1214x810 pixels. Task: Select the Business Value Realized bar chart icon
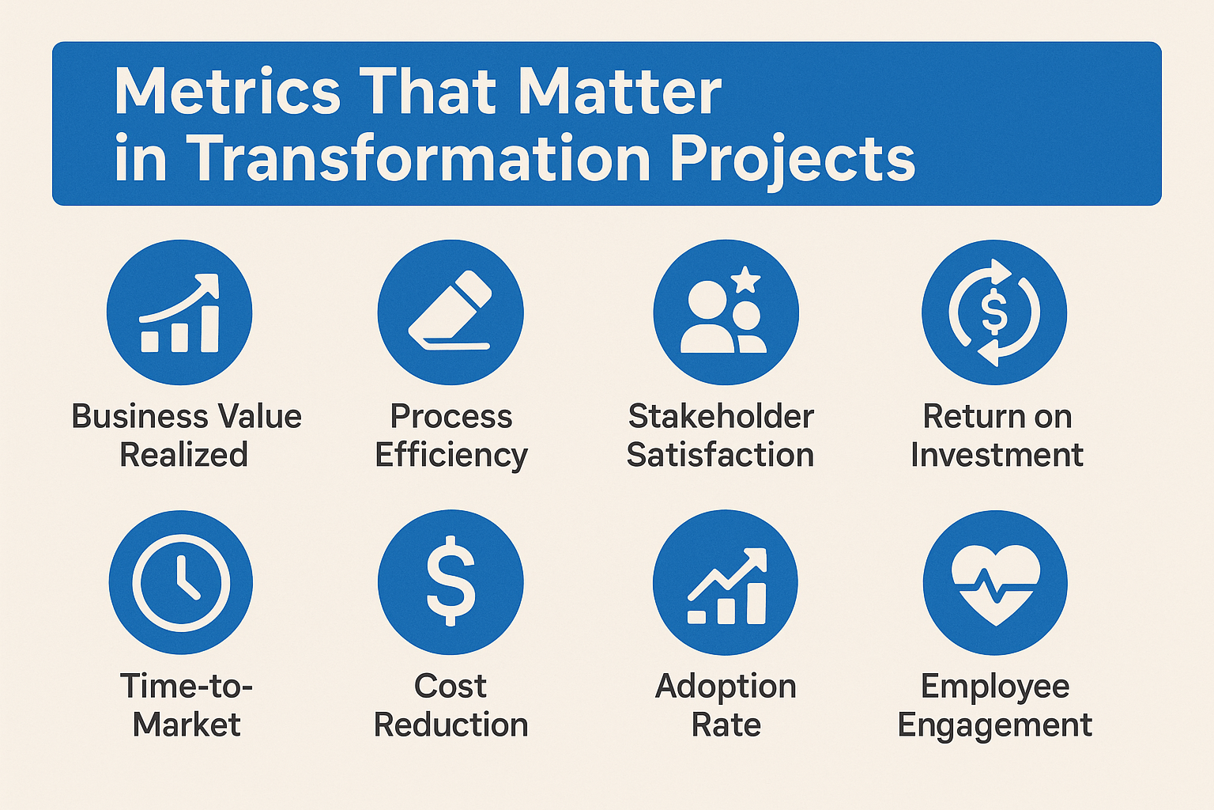coord(179,313)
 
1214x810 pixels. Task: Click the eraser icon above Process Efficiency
coord(450,310)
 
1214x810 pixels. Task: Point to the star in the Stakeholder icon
coord(745,280)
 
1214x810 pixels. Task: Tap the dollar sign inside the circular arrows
coord(994,311)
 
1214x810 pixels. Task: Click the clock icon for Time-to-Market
coord(181,582)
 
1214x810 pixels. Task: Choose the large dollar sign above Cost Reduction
coord(451,581)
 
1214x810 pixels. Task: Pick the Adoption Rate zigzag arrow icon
coord(727,586)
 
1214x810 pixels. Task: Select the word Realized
coord(183,455)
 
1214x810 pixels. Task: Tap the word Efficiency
coord(451,456)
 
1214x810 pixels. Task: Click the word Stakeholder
coord(721,417)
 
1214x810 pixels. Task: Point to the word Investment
coord(997,455)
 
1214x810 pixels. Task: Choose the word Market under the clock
coord(187,725)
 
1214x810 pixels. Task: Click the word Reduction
coord(451,725)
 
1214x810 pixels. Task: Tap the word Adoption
coord(726,687)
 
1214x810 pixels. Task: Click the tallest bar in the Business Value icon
coord(209,329)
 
